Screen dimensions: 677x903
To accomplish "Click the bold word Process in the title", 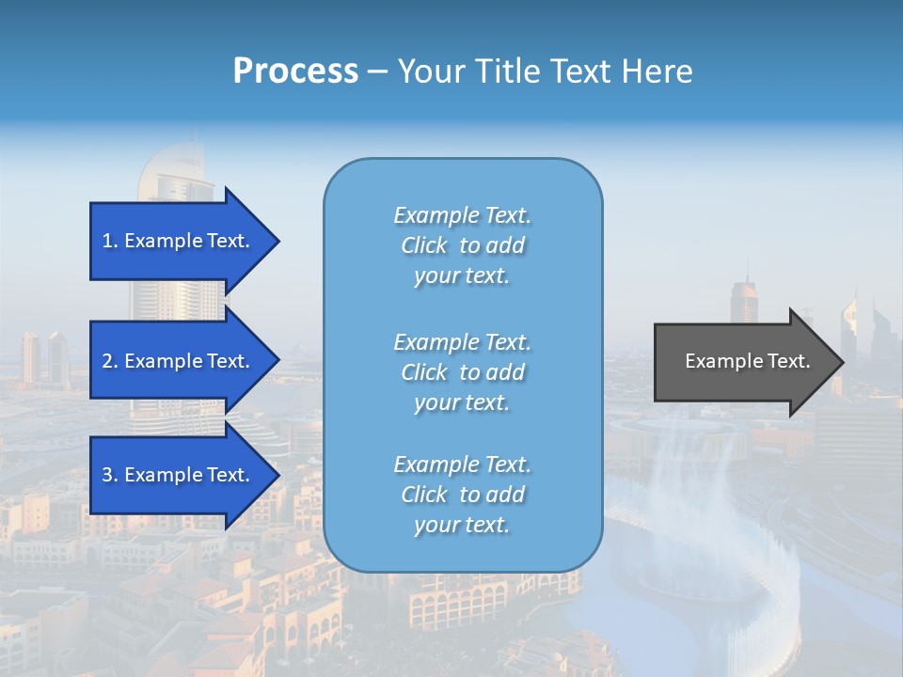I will [295, 71].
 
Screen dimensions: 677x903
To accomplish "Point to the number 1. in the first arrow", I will [110, 241].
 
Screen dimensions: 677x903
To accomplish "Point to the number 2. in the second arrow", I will [110, 361].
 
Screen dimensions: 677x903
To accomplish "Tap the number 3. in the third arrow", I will [110, 475].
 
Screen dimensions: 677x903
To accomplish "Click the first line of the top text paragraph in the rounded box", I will [462, 215].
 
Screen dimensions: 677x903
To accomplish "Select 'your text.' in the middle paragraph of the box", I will [462, 402].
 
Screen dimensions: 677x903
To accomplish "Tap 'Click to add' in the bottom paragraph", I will [462, 495].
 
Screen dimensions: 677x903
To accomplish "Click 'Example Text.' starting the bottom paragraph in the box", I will [462, 464].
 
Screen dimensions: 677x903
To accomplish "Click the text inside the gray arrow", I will [748, 361].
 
